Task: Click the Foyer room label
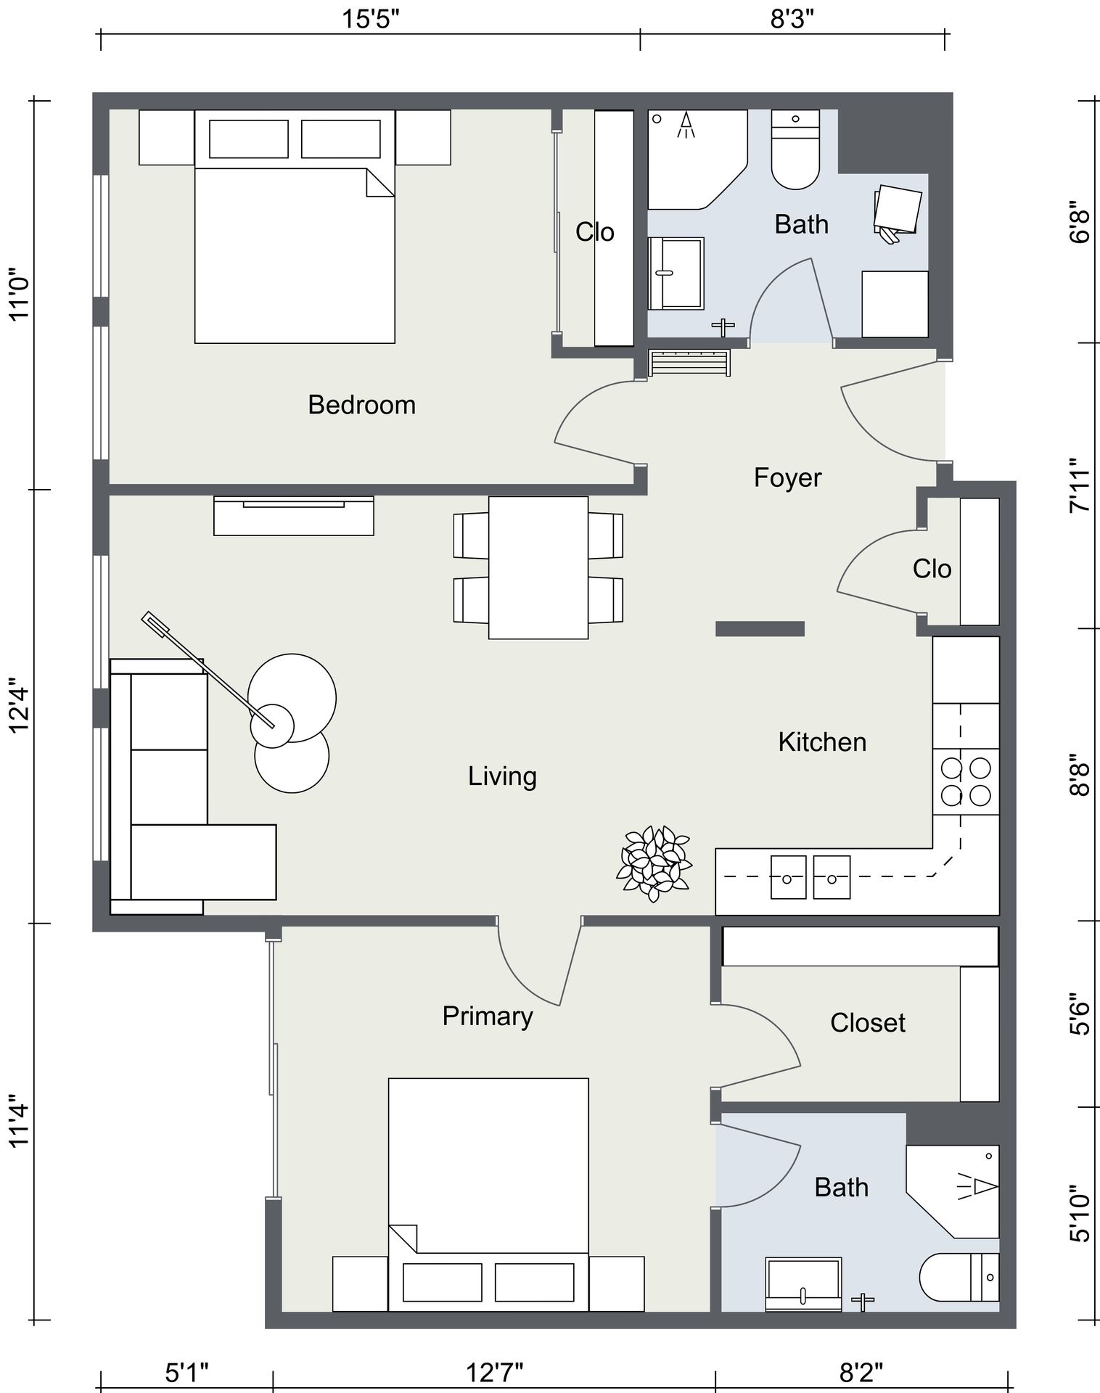coord(787,478)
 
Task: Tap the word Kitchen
coord(822,742)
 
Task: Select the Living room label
coord(502,777)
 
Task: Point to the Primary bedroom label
coord(488,1016)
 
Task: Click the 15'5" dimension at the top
coord(371,19)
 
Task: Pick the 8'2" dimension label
coord(861,1373)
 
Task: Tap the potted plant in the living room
coord(654,863)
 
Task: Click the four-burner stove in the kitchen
coord(966,781)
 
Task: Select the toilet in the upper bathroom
coord(795,149)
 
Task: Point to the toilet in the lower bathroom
coord(959,1278)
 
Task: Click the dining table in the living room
coord(538,567)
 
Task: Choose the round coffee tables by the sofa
coord(292,723)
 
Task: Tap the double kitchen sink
coord(810,877)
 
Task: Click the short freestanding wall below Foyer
coord(760,628)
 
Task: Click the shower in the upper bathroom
coord(697,160)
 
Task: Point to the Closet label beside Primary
coord(868,1023)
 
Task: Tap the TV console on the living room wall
coord(294,516)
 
